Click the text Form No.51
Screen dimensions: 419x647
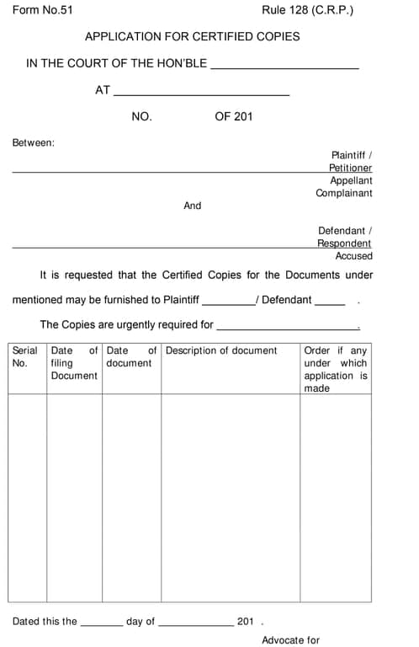pyautogui.click(x=43, y=11)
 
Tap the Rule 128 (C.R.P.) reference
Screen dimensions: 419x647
pyautogui.click(x=307, y=11)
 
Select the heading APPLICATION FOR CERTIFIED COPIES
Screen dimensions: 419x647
pyautogui.click(x=192, y=36)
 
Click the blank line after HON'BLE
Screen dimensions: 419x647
pyautogui.click(x=284, y=66)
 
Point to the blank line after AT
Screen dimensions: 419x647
pyautogui.click(x=201, y=93)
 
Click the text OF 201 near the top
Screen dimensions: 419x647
pyautogui.click(x=234, y=117)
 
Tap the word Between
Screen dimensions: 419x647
pyautogui.click(x=34, y=142)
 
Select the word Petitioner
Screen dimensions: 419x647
pyautogui.click(x=350, y=168)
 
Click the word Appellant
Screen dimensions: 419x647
pyautogui.click(x=351, y=180)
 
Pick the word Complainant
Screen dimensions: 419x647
pyautogui.click(x=343, y=193)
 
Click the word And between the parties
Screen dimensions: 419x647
pyautogui.click(x=193, y=206)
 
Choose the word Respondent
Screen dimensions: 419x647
pyautogui.click(x=344, y=243)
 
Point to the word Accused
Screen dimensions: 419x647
pyautogui.click(x=353, y=256)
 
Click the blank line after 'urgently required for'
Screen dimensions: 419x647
pyautogui.click(x=288, y=327)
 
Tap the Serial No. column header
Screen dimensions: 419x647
pyautogui.click(x=25, y=357)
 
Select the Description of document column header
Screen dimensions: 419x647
pyautogui.click(x=221, y=350)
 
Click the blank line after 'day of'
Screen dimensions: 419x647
pyautogui.click(x=196, y=625)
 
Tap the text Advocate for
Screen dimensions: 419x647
pyautogui.click(x=290, y=640)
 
